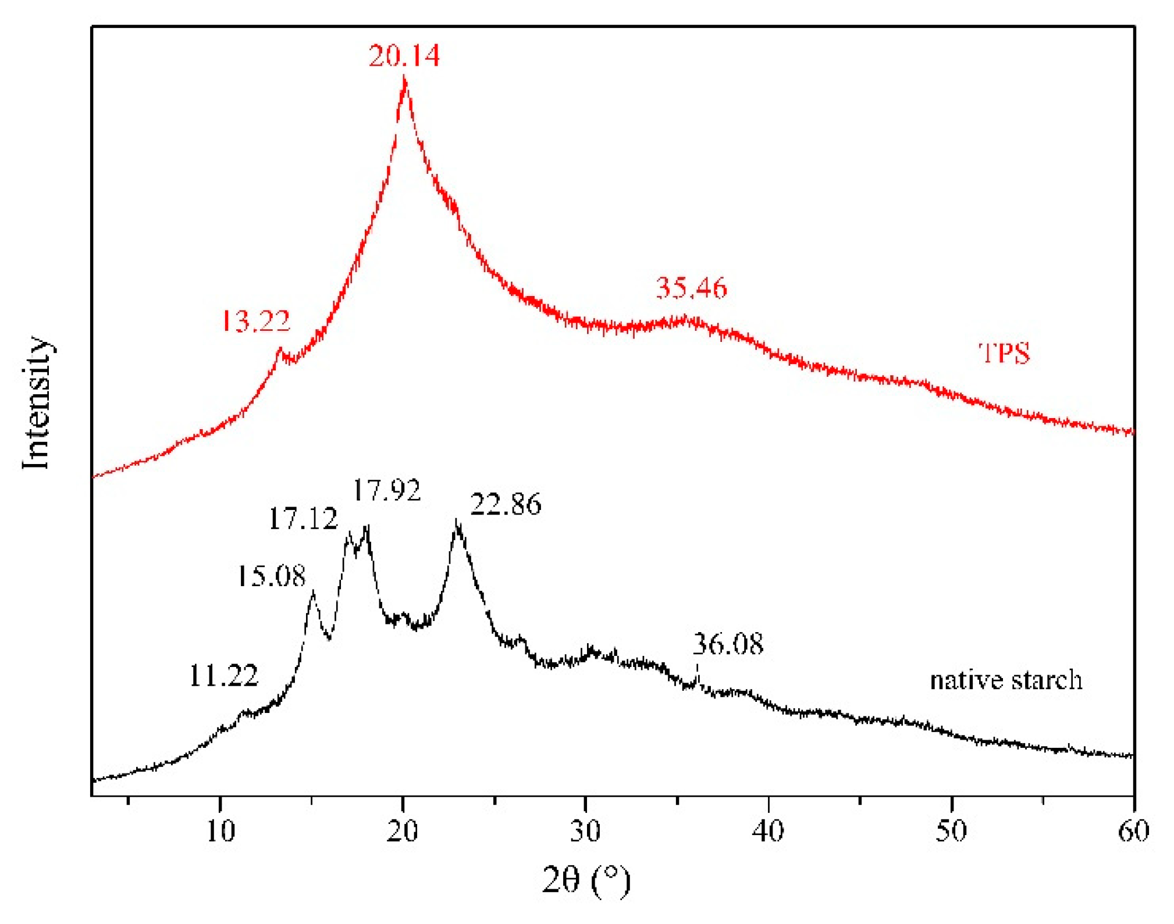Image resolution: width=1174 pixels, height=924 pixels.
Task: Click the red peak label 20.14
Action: pyautogui.click(x=404, y=56)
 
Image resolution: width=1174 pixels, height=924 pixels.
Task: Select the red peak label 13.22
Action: pyautogui.click(x=256, y=321)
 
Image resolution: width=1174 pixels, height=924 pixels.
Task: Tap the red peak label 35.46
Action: pyautogui.click(x=691, y=288)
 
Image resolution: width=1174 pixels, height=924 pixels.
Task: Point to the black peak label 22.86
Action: pyautogui.click(x=506, y=504)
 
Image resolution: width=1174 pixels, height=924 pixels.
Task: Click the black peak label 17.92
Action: pyautogui.click(x=387, y=490)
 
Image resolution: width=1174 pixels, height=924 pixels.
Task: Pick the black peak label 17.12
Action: pyautogui.click(x=303, y=519)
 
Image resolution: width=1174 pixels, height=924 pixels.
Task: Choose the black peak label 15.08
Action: pyautogui.click(x=271, y=576)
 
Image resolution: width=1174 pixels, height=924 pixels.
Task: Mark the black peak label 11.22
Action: pyautogui.click(x=223, y=676)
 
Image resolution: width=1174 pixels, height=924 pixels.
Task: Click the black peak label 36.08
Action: pyautogui.click(x=728, y=644)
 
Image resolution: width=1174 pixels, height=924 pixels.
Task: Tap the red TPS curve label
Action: pyautogui.click(x=1004, y=353)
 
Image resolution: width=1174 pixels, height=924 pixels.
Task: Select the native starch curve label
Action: pyautogui.click(x=1006, y=680)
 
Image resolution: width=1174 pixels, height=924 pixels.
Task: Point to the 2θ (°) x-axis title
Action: pyautogui.click(x=586, y=879)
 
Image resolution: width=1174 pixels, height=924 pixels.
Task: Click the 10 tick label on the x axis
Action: pyautogui.click(x=220, y=831)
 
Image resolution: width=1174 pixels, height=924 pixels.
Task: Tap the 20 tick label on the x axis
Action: pyautogui.click(x=403, y=831)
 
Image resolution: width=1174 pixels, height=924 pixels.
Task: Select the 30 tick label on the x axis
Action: pyautogui.click(x=585, y=831)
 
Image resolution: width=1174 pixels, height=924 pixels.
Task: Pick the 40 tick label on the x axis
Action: pyautogui.click(x=768, y=831)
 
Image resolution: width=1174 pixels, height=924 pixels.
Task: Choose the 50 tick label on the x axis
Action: pyautogui.click(x=951, y=831)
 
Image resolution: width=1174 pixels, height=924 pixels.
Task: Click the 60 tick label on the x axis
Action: pyautogui.click(x=1133, y=831)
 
